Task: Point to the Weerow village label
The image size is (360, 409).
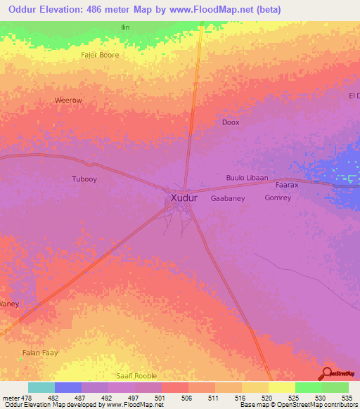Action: click(68, 100)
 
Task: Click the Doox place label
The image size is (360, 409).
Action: click(231, 122)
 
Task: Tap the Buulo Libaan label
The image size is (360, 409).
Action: click(247, 178)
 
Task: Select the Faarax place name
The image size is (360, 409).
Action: click(287, 186)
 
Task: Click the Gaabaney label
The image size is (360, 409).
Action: click(228, 198)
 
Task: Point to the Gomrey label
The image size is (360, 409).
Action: click(278, 198)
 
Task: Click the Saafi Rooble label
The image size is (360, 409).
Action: click(136, 376)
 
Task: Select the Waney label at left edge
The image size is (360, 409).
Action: click(9, 304)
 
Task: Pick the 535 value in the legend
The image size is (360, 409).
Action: click(345, 397)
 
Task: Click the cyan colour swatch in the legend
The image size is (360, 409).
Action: click(41, 387)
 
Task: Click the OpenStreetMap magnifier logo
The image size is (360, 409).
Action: click(327, 373)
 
